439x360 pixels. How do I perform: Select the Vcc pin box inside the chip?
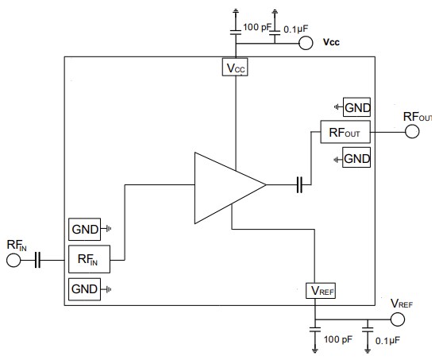235,68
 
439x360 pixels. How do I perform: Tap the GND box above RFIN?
84,230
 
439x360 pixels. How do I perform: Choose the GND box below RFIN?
84,288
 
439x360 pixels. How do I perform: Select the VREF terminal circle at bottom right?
398,319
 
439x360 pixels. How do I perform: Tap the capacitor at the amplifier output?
300,185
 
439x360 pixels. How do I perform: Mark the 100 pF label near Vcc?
257,26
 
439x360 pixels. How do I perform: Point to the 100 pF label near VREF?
338,339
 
